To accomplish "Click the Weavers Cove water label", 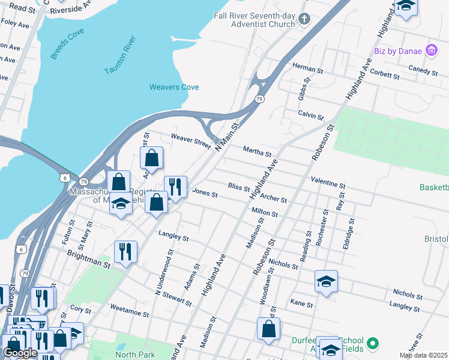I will pos(173,87).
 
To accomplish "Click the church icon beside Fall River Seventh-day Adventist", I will pos(304,19).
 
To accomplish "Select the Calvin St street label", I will pos(311,115).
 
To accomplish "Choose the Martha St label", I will pos(257,151).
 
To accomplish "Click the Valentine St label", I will pos(328,183).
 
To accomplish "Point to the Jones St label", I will pos(204,193).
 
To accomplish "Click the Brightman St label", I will pos(89,259).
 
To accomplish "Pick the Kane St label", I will pos(301,304).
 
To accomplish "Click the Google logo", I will pos(20,353).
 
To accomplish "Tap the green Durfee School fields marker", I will pos(373,344).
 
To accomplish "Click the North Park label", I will pos(135,355).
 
